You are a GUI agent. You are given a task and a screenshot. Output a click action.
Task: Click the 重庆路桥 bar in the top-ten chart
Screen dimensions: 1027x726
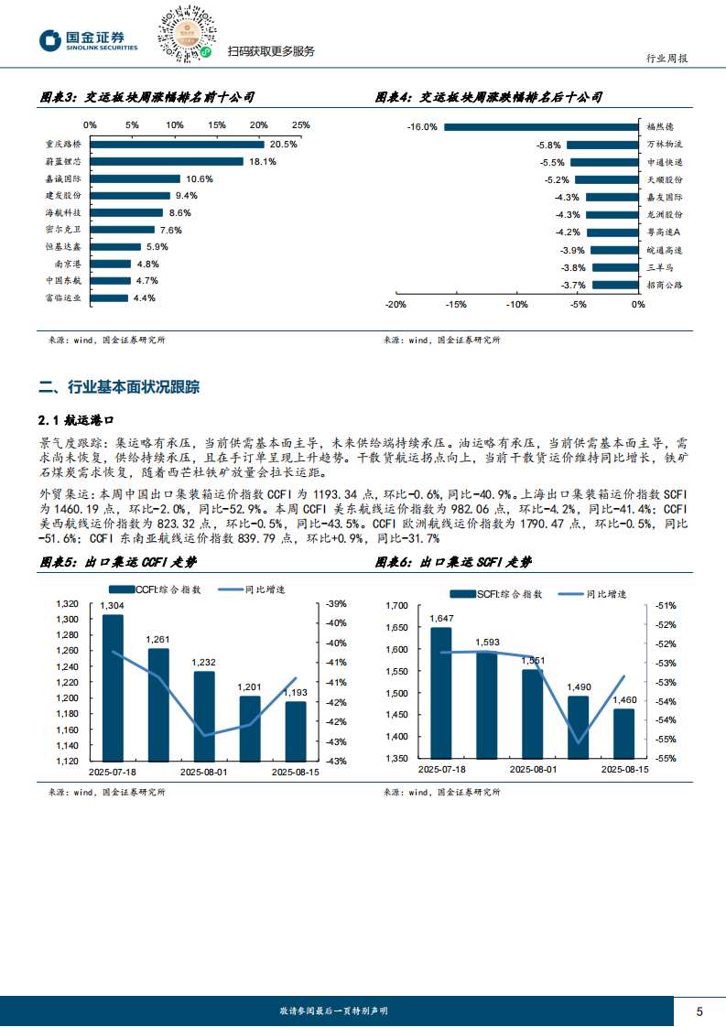[x=177, y=144]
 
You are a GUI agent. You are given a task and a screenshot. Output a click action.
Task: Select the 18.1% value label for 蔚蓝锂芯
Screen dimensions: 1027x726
[x=263, y=161]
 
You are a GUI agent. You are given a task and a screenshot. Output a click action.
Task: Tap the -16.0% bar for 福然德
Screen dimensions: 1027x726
[x=540, y=127]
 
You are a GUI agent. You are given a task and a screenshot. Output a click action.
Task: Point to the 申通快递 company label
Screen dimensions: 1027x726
[x=664, y=162]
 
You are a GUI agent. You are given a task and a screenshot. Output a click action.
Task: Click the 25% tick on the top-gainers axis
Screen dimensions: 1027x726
[x=301, y=124]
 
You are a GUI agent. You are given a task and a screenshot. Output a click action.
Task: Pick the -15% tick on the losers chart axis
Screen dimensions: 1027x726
[x=456, y=304]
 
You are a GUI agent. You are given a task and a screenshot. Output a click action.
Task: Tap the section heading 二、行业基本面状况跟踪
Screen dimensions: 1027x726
[x=119, y=387]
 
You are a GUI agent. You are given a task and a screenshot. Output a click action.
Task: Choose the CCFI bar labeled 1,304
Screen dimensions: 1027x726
[x=113, y=686]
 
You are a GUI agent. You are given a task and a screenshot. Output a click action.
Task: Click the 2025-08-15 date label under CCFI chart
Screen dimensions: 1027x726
[x=295, y=771]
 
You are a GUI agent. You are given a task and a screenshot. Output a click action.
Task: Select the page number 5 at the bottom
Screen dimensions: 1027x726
[x=699, y=1011]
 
